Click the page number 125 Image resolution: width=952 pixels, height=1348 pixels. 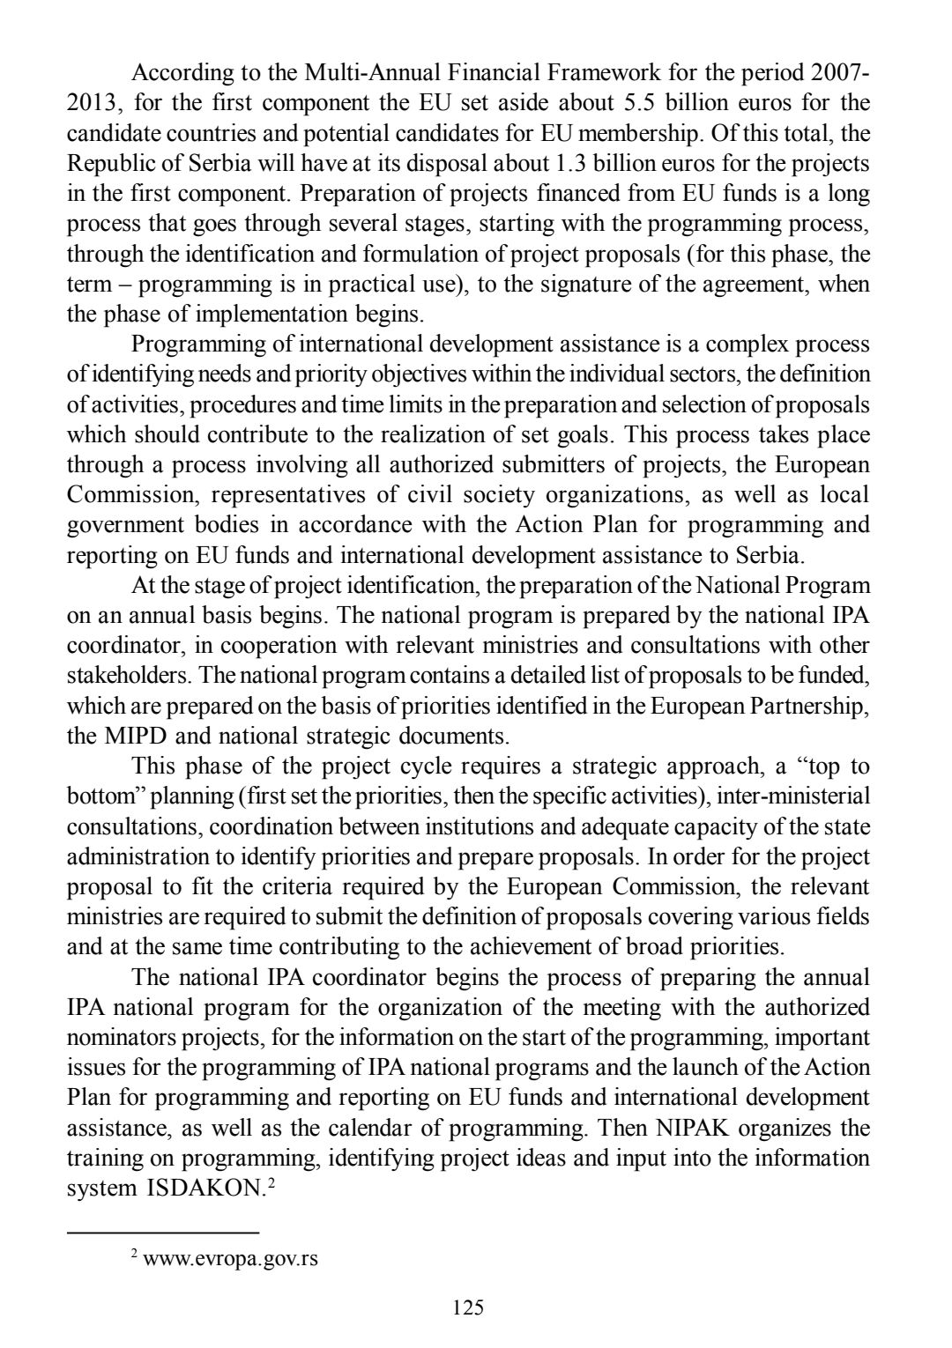click(x=468, y=1307)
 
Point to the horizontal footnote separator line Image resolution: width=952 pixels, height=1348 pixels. click(x=163, y=1232)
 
